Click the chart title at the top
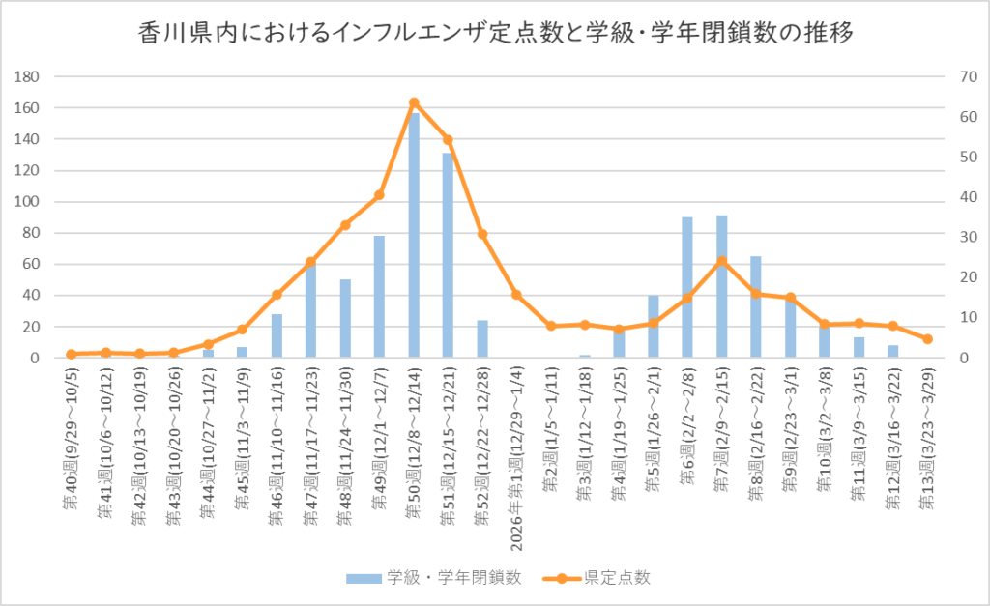(x=494, y=34)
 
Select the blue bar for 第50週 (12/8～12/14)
(x=414, y=236)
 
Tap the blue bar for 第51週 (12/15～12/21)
(x=448, y=255)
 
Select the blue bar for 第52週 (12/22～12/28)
(x=482, y=339)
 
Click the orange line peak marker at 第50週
(x=414, y=102)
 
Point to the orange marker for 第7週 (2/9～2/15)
(x=721, y=261)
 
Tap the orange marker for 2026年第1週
(x=516, y=295)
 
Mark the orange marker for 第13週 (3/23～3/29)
(x=927, y=339)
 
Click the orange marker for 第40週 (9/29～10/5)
(x=72, y=355)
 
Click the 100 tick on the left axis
(x=28, y=202)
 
